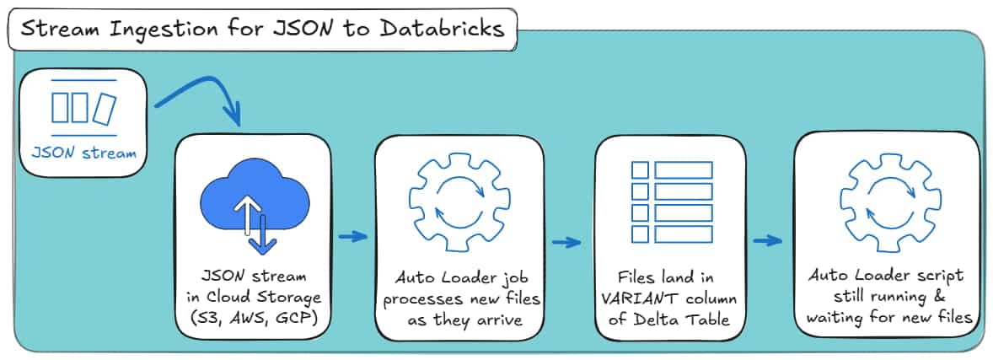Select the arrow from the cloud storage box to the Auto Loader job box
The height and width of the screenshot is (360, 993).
352,237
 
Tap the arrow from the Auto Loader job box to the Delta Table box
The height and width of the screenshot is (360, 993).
566,244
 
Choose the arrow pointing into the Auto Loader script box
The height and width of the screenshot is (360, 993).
767,242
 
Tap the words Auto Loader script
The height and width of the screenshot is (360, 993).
886,276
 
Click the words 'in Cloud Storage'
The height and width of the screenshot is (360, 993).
254,296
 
